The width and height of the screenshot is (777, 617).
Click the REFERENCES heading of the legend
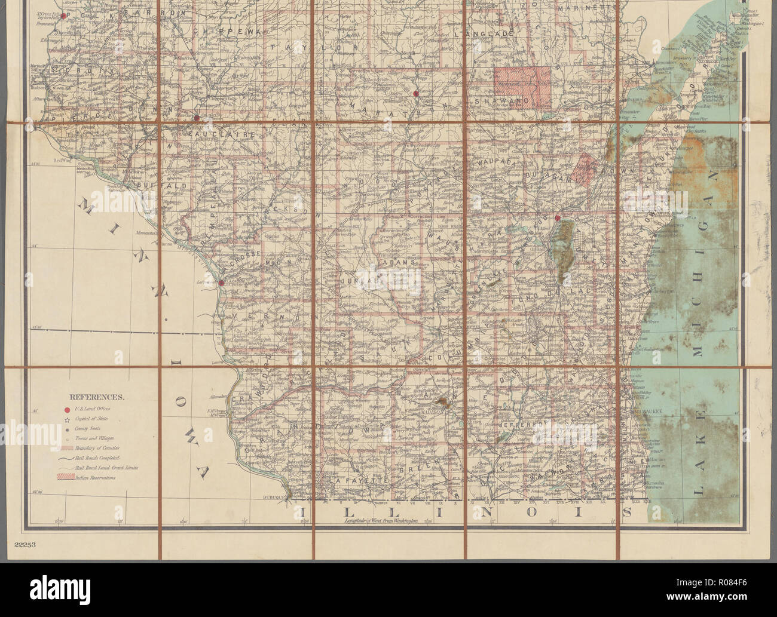(96, 396)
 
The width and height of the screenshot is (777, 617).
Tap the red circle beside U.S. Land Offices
(65, 409)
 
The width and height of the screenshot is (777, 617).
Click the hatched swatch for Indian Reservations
(64, 478)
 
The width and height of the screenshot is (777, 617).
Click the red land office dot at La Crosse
(221, 283)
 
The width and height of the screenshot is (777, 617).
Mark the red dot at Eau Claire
(195, 118)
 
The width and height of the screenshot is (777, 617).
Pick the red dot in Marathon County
(414, 94)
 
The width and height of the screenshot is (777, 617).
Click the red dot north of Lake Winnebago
(557, 217)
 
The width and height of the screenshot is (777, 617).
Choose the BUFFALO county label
(154, 187)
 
